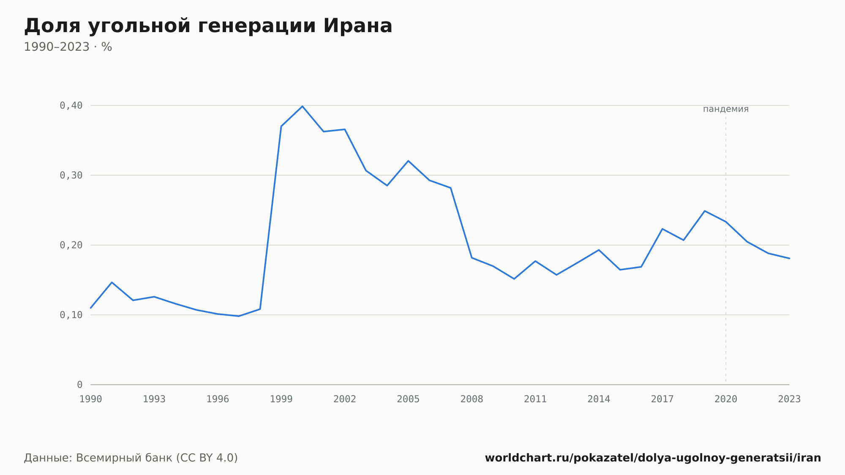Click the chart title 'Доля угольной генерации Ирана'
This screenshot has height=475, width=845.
[x=208, y=26]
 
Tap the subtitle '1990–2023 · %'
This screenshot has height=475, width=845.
[x=68, y=47]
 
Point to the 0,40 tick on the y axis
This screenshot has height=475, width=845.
[x=71, y=106]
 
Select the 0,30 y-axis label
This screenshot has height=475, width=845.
[x=71, y=175]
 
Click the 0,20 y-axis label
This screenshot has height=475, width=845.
[x=71, y=245]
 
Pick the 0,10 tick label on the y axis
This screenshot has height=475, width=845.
[x=71, y=315]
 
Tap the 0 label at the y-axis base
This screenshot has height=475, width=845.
[x=79, y=385]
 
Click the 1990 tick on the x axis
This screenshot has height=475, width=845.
[x=91, y=399]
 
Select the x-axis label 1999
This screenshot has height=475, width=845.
[x=281, y=399]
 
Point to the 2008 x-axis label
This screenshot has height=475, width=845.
[x=472, y=399]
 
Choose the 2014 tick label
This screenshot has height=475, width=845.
[x=599, y=399]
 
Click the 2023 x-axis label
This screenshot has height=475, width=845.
[x=789, y=399]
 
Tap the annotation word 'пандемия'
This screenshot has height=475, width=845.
[x=726, y=109]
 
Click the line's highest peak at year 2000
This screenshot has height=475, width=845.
[x=303, y=106]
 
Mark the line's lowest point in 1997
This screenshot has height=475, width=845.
[x=239, y=316]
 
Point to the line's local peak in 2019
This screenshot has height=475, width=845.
[x=705, y=211]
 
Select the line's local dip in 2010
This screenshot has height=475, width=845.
[x=514, y=279]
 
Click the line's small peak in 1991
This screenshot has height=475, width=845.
[x=112, y=282]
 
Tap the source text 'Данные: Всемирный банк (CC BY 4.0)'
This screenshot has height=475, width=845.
[x=131, y=458]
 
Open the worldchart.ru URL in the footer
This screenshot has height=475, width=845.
[x=653, y=458]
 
